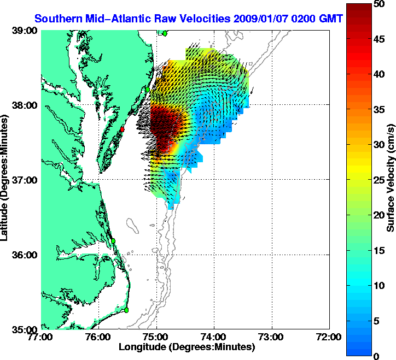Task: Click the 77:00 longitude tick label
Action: [x=42, y=337]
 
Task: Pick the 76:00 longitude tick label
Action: [x=99, y=337]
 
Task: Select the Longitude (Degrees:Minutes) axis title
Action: [x=186, y=347]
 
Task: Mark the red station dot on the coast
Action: [x=123, y=129]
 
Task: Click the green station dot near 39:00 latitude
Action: [x=164, y=33]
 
